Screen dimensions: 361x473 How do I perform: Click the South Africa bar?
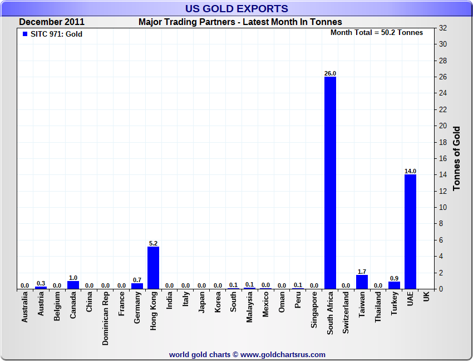pos(330,183)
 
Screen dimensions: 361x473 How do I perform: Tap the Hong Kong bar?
pos(153,268)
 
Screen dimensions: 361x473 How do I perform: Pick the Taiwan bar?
pos(362,282)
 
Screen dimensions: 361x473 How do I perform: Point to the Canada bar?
pos(73,285)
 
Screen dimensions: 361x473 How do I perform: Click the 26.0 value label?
pos(330,73)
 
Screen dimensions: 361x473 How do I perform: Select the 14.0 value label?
pos(410,171)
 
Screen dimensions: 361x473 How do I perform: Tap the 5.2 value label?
pos(153,243)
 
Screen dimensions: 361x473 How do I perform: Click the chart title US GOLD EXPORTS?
pos(237,8)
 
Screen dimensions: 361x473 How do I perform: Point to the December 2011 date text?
pos(52,22)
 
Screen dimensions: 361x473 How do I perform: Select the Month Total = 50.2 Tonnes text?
pos(377,32)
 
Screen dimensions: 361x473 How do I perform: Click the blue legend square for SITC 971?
pos(24,34)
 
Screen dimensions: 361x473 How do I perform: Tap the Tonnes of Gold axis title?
pos(456,159)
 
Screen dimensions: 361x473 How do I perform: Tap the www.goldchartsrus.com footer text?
pos(283,354)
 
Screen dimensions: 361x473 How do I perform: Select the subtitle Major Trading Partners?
pos(240,22)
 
